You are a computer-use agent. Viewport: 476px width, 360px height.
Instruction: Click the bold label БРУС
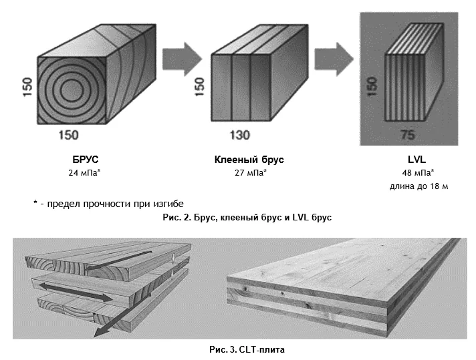(x=86, y=160)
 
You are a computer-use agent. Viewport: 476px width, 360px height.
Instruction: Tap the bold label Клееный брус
(x=249, y=160)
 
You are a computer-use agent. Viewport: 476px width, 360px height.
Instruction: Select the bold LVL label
(x=416, y=160)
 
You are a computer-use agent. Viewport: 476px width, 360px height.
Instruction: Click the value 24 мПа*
(x=84, y=173)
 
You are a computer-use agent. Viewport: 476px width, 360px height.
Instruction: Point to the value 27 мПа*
(x=251, y=173)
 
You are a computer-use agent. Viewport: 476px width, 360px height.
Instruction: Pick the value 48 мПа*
(x=418, y=173)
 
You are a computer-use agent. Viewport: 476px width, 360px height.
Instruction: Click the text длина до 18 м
(x=419, y=186)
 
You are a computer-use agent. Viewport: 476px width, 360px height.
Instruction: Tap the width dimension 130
(x=239, y=136)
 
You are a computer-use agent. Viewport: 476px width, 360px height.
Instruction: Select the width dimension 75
(x=407, y=135)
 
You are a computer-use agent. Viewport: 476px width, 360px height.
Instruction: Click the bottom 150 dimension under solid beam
(x=69, y=136)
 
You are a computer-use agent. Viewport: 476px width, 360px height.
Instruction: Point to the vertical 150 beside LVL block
(x=372, y=86)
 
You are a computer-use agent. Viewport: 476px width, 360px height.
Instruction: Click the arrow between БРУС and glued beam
(x=182, y=59)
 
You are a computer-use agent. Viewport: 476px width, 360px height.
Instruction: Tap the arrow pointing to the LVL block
(x=334, y=59)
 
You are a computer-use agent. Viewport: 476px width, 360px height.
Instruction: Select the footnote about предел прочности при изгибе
(x=108, y=204)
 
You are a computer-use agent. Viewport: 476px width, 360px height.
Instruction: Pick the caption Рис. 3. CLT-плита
(x=247, y=350)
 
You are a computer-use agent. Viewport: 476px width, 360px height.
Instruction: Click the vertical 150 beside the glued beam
(x=199, y=87)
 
